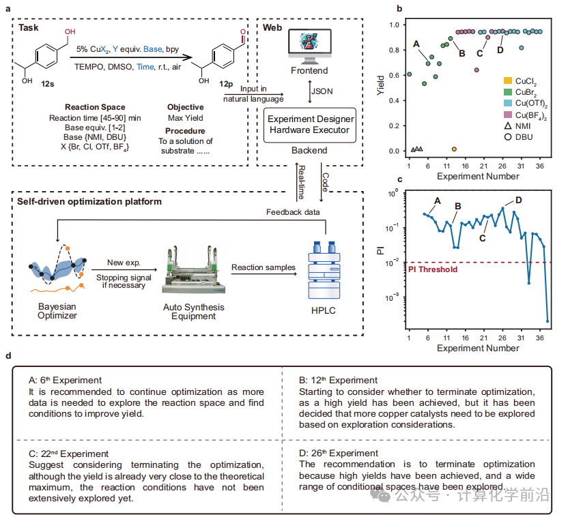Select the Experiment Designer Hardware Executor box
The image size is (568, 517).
point(310,124)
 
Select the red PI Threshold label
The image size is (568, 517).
point(432,269)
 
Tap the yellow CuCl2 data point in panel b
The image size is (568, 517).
point(455,148)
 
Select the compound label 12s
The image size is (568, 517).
point(47,83)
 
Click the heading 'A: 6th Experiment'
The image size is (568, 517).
point(66,380)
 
